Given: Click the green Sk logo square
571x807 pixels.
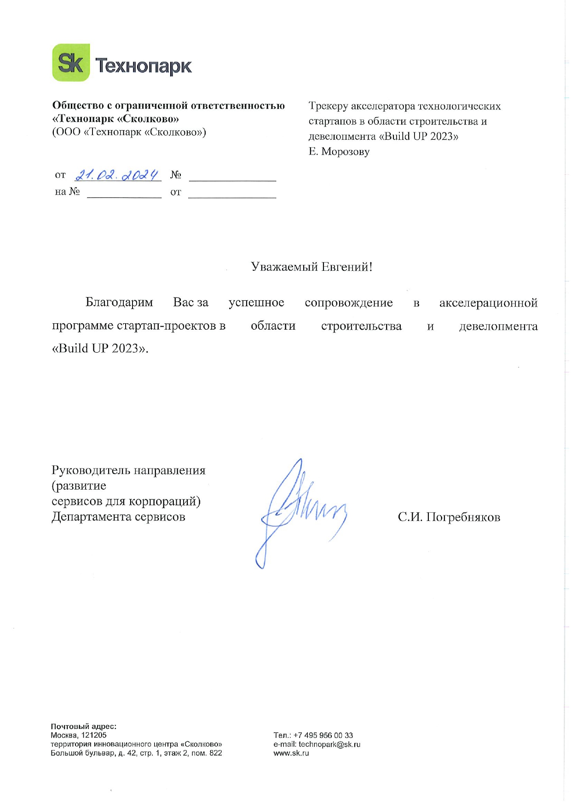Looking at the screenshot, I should [71, 63].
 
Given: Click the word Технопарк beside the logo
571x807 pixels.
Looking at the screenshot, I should [143, 66].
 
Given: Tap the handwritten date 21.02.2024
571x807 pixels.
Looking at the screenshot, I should [117, 175].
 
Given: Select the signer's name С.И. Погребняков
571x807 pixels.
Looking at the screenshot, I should [449, 517].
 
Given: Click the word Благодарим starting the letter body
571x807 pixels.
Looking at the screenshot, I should [119, 303].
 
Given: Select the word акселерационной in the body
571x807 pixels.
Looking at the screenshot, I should [488, 303].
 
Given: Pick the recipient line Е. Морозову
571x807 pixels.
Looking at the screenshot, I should [339, 152].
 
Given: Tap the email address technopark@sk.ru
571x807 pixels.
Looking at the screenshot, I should [329, 744].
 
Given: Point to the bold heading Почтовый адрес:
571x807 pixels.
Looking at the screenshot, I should [83, 727].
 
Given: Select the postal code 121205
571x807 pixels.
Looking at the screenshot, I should [94, 735].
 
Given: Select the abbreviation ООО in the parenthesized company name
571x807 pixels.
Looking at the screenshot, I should [68, 132].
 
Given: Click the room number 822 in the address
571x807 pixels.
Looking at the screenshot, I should [215, 753].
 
